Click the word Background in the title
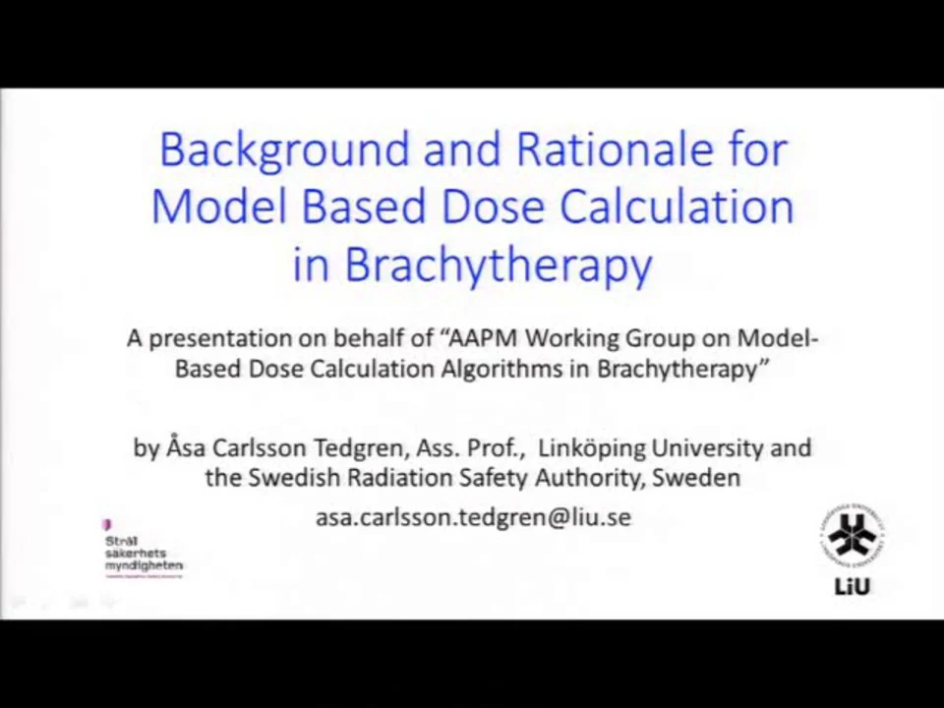pyautogui.click(x=284, y=150)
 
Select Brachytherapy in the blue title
pyautogui.click(x=497, y=265)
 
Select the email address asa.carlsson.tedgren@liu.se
pyautogui.click(x=473, y=517)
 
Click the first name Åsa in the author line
pyautogui.click(x=182, y=447)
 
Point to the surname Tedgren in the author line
pyautogui.click(x=358, y=447)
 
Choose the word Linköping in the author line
pyautogui.click(x=586, y=447)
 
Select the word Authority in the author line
pyautogui.click(x=588, y=478)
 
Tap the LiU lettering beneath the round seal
pyautogui.click(x=852, y=587)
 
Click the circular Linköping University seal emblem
pyautogui.click(x=852, y=537)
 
